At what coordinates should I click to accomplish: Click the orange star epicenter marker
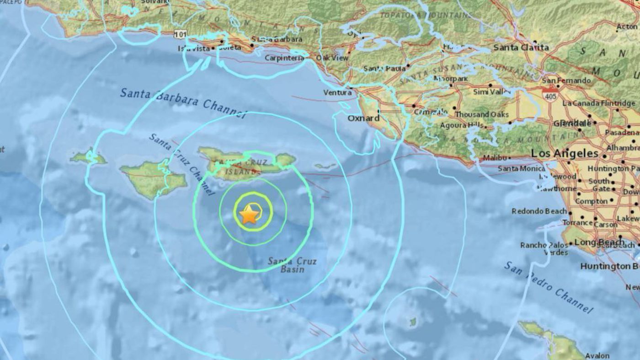tap(249, 214)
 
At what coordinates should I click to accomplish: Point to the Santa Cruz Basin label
tap(292, 264)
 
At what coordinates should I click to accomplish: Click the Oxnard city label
tap(363, 118)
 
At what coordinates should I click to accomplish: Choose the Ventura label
tap(337, 92)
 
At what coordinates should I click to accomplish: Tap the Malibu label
tap(495, 158)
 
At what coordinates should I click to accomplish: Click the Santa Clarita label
tap(521, 47)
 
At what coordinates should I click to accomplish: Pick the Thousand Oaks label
tap(482, 114)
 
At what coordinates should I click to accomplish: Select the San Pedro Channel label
tap(549, 287)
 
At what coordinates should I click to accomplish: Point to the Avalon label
tap(597, 355)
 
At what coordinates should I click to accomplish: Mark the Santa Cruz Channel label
tap(181, 164)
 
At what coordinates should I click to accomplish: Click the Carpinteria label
tap(284, 58)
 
